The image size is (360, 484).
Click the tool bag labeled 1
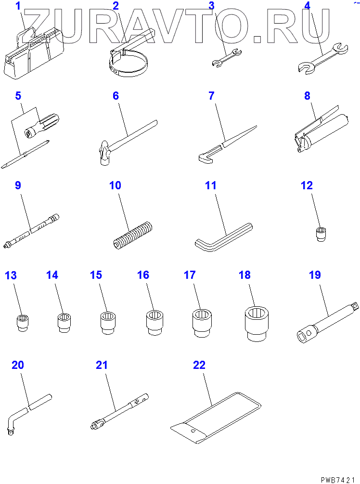34,53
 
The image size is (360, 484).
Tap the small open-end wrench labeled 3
227,58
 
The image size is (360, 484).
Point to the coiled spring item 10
131,235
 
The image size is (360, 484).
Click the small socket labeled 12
321,234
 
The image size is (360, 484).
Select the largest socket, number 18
257,324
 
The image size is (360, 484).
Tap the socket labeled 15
108,323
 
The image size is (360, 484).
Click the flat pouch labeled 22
216,418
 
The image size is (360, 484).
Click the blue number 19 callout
315,275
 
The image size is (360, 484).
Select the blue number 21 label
102,365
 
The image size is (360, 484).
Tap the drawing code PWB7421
338,480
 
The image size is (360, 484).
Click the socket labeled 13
22,323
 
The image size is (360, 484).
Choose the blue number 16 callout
143,275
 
